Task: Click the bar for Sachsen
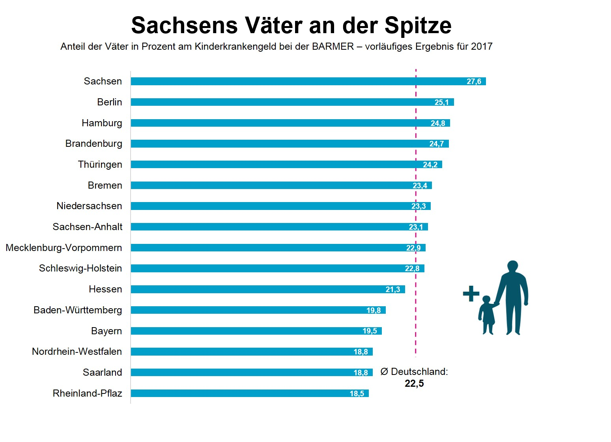[x=308, y=81]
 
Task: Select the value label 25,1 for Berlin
[x=441, y=103]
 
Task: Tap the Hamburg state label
[x=102, y=123]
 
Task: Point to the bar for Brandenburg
[x=290, y=144]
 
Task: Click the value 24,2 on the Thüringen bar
[x=430, y=165]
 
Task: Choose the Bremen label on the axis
[x=105, y=185]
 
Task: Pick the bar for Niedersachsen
[x=280, y=206]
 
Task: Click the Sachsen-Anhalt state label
[x=88, y=227]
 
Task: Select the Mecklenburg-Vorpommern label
[x=64, y=248]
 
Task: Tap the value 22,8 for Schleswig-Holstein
[x=412, y=269]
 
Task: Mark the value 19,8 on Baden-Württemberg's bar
[x=374, y=311]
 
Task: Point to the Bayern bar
[x=256, y=331]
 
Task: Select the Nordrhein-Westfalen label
[x=77, y=352]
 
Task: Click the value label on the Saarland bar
[x=361, y=373]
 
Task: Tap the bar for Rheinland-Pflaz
[x=249, y=393]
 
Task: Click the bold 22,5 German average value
[x=414, y=384]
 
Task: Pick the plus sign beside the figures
[x=471, y=294]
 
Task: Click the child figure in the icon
[x=488, y=315]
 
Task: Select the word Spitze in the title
[x=418, y=26]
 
